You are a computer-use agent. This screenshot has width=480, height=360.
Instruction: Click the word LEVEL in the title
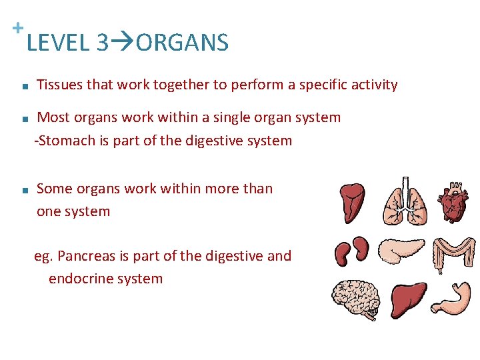(x=58, y=43)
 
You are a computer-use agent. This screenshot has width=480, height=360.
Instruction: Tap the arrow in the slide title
(x=122, y=43)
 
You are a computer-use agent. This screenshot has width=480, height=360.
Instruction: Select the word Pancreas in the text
(x=91, y=256)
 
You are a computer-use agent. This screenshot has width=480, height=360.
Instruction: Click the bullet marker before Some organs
(x=23, y=190)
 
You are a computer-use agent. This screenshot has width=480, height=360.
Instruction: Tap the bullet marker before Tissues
(x=23, y=86)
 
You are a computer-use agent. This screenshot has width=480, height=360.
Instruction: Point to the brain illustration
(x=355, y=298)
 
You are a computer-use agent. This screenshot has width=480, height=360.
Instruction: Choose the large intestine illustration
(x=453, y=252)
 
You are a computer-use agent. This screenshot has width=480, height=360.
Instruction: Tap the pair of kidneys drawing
(x=352, y=250)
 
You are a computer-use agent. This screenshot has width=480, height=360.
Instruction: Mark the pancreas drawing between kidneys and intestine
(x=402, y=251)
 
